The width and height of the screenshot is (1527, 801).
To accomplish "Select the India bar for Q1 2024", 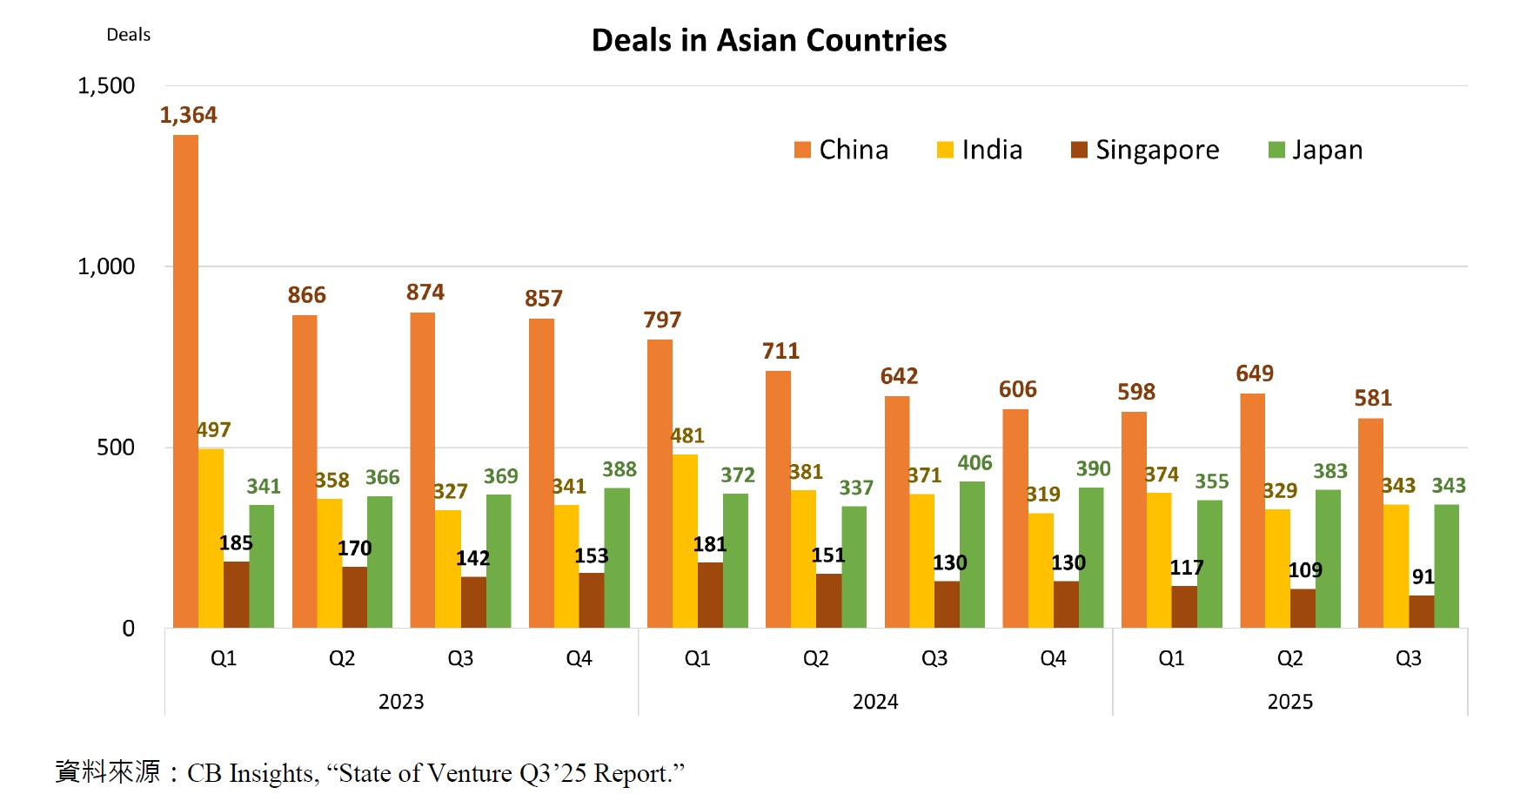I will [x=685, y=541].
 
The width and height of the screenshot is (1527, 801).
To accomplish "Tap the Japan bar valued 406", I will [x=972, y=555].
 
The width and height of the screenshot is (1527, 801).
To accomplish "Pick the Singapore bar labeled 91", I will [x=1421, y=611].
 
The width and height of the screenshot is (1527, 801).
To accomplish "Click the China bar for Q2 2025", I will [x=1252, y=510].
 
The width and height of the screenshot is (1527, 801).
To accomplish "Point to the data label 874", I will [x=425, y=293].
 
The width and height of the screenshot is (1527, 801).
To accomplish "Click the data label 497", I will [x=213, y=430].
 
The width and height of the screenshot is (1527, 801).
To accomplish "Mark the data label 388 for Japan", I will [x=619, y=470].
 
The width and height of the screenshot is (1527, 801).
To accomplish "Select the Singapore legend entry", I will [x=1145, y=150].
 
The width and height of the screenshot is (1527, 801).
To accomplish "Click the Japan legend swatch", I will [x=1276, y=150].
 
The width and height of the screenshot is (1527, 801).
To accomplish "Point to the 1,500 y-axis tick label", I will [x=106, y=86].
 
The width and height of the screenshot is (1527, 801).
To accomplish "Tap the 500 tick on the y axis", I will [x=116, y=448].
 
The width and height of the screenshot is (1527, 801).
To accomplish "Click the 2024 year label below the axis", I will [x=874, y=702].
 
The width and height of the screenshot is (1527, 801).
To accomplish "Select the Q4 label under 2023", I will [x=579, y=658].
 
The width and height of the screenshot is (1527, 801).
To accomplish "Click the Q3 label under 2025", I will [x=1408, y=658].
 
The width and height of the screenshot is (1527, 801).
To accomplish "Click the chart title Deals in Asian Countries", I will [x=768, y=40].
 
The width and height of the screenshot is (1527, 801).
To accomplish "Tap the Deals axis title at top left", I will [x=128, y=35].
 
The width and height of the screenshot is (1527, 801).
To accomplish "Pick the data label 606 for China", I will [x=1017, y=389].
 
